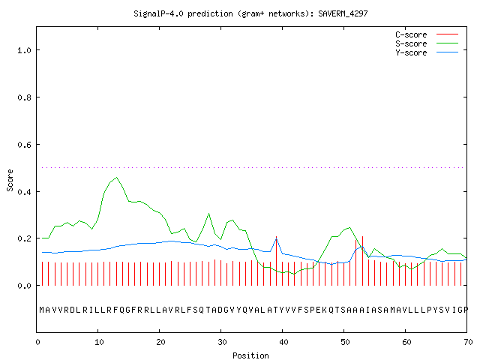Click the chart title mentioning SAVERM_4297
(x=250, y=13)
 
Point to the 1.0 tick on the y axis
(x=25, y=50)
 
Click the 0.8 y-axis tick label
(x=25, y=97)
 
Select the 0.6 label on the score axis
(x=25, y=145)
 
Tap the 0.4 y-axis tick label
(x=25, y=192)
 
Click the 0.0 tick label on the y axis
(x=25, y=286)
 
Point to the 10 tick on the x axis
(x=99, y=342)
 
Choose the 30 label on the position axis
(x=222, y=342)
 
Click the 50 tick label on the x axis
(x=345, y=342)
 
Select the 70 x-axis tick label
(x=468, y=342)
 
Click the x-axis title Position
(x=250, y=355)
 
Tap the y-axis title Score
(x=10, y=180)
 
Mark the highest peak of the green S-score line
(x=117, y=177)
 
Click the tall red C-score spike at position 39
(x=277, y=261)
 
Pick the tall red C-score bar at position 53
(x=362, y=261)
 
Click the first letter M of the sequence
(x=42, y=310)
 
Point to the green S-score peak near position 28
(x=208, y=214)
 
